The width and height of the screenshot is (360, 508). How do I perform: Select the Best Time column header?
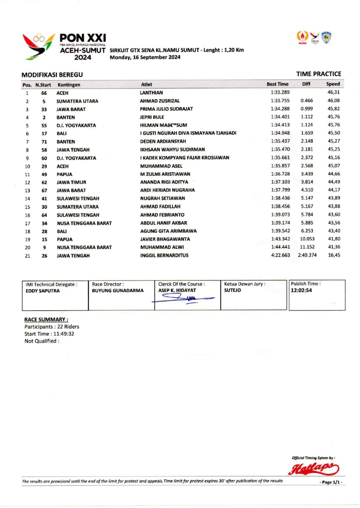[277, 84]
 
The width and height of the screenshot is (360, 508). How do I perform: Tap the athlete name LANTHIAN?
[151, 93]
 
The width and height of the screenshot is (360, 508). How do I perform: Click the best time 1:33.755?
[280, 101]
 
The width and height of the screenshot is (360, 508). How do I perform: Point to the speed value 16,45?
[334, 255]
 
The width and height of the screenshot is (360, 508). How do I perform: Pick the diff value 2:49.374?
[307, 255]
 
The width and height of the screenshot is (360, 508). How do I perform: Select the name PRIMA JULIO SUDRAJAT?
[166, 109]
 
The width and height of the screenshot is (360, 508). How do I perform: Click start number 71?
[44, 142]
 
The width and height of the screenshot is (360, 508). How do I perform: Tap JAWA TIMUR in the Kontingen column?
[71, 182]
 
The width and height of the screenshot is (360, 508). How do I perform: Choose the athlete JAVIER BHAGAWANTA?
[165, 239]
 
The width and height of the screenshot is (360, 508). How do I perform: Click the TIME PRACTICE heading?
[318, 74]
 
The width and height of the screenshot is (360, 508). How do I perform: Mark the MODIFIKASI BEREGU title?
[52, 75]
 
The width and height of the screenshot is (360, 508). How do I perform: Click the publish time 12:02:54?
[301, 290]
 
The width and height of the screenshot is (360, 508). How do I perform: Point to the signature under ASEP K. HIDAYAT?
[184, 299]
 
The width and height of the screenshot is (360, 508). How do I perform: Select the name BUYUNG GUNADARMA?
[117, 290]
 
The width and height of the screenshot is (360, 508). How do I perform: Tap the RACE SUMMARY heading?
[46, 319]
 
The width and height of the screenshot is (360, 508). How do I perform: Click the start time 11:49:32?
[64, 334]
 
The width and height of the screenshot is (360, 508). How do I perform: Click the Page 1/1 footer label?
[331, 482]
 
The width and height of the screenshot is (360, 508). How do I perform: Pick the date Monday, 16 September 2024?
[145, 57]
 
